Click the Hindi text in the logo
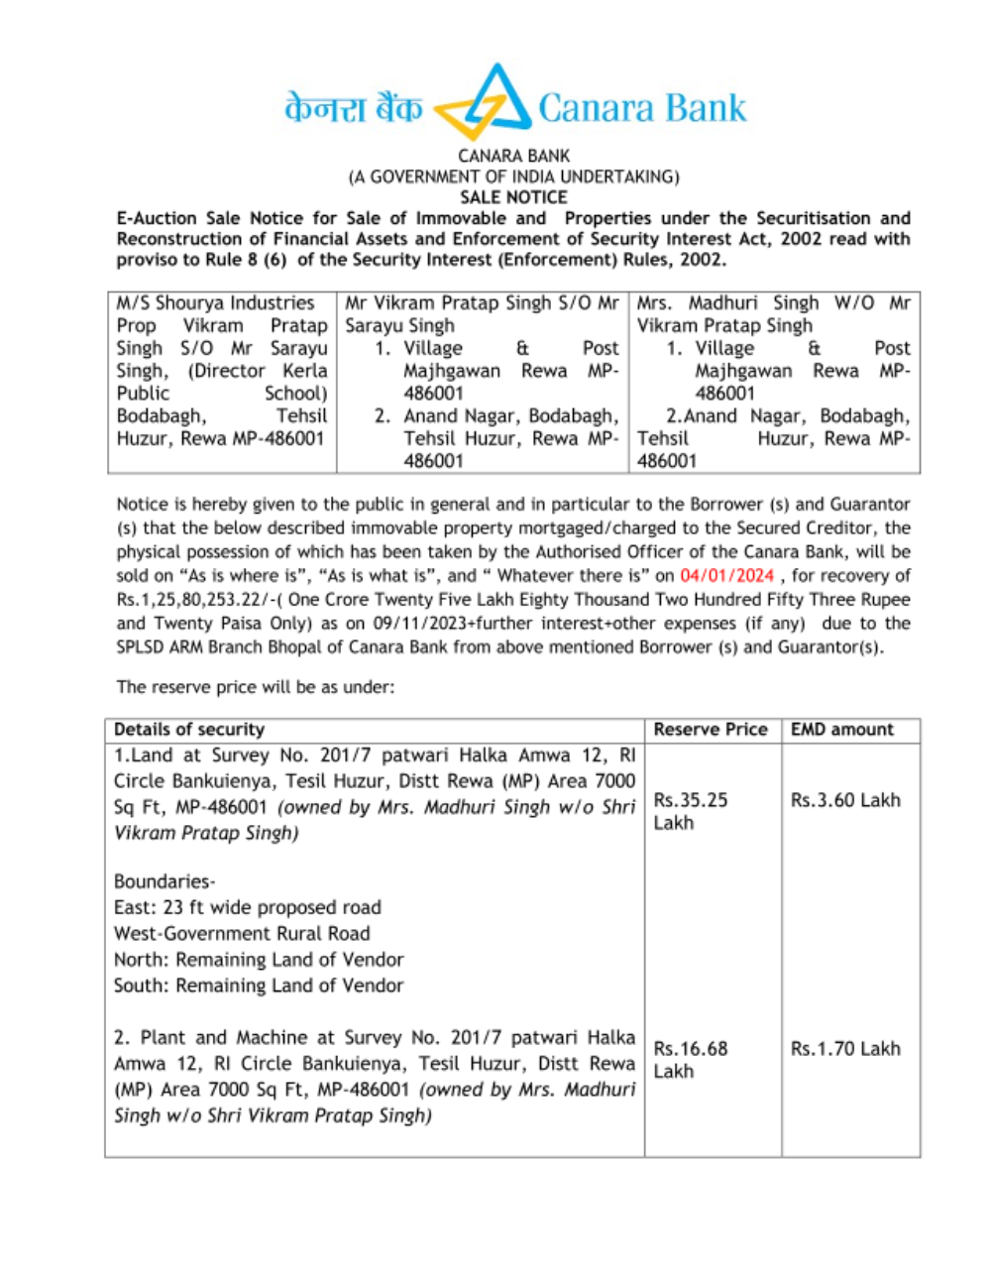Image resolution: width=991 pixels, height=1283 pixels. coord(353,108)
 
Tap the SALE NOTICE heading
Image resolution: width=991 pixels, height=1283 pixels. coord(513,197)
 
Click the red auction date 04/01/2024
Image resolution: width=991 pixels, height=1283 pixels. coord(726,576)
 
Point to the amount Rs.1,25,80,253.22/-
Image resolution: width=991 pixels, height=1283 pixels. coord(194,600)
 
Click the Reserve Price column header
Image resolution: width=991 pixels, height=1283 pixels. coord(711,730)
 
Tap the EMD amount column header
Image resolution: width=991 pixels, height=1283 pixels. coord(841,730)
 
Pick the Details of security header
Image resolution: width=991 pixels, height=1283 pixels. coord(189,730)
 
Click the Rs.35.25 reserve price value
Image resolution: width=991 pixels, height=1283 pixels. coord(691,800)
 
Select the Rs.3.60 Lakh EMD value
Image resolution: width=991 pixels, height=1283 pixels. coord(845,800)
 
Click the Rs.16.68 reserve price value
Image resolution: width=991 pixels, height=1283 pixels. coord(691,1049)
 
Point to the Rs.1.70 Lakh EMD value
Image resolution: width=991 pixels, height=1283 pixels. coord(845,1049)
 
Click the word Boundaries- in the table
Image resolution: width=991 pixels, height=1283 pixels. coord(165,881)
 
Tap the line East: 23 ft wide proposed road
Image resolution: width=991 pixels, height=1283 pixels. coord(247,907)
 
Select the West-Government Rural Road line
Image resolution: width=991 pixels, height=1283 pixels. coord(242,934)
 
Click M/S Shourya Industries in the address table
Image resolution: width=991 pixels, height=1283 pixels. coord(215,303)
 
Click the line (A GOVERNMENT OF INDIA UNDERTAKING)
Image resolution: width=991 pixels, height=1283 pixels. coord(513,176)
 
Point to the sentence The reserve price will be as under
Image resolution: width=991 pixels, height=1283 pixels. coord(255,687)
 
